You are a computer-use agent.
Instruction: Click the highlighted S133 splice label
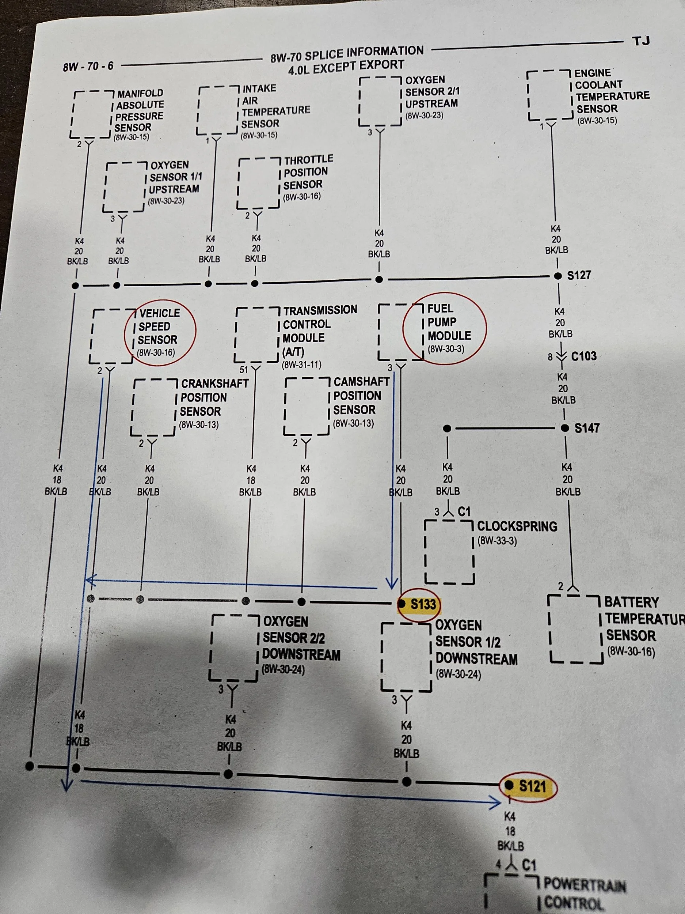pyautogui.click(x=423, y=604)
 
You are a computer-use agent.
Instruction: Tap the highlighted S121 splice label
pyautogui.click(x=533, y=786)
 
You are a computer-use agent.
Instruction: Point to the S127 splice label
pyautogui.click(x=579, y=275)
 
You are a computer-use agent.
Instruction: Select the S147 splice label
pyautogui.click(x=587, y=428)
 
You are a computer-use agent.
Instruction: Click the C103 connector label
pyautogui.click(x=583, y=356)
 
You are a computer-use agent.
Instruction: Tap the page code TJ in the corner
pyautogui.click(x=641, y=41)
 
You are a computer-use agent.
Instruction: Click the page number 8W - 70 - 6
pyautogui.click(x=88, y=66)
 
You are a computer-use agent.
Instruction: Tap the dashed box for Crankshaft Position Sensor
pyautogui.click(x=153, y=407)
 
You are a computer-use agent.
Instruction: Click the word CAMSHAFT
pyautogui.click(x=361, y=381)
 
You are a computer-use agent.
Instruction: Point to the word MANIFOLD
pyautogui.click(x=140, y=93)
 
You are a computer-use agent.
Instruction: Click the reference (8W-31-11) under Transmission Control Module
pyautogui.click(x=301, y=365)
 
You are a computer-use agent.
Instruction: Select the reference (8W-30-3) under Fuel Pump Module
pyautogui.click(x=446, y=349)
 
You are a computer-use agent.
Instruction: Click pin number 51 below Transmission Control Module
pyautogui.click(x=244, y=370)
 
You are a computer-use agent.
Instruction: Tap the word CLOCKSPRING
pyautogui.click(x=517, y=526)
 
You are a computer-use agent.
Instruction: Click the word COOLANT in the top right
pyautogui.click(x=599, y=85)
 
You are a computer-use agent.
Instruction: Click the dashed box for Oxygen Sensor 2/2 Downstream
pyautogui.click(x=234, y=648)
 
